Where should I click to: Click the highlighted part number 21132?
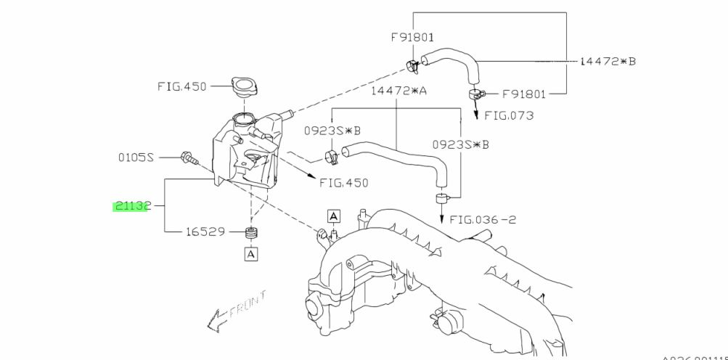pyautogui.click(x=131, y=206)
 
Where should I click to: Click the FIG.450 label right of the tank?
pyautogui.click(x=343, y=183)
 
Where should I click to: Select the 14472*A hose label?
pyautogui.click(x=398, y=91)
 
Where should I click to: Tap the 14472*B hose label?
pyautogui.click(x=608, y=61)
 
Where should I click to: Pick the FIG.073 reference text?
pyautogui.click(x=509, y=115)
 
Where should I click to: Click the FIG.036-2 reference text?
pyautogui.click(x=483, y=219)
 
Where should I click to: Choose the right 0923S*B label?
pyautogui.click(x=460, y=144)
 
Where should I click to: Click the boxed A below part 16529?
pyautogui.click(x=251, y=254)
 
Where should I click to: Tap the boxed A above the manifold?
pyautogui.click(x=334, y=216)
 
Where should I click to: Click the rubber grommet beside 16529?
pyautogui.click(x=252, y=233)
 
